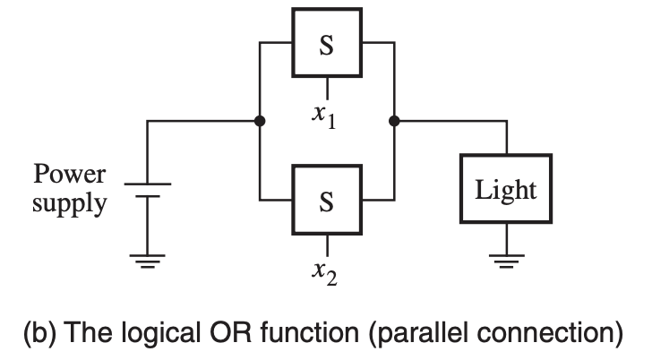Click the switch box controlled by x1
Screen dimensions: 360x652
pos(326,44)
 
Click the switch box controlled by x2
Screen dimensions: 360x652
pos(326,199)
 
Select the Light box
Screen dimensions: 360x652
pos(506,189)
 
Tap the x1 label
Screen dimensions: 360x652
pos(323,116)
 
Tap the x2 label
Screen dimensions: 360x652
pos(323,271)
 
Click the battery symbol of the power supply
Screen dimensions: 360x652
pos(147,189)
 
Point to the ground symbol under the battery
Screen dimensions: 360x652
pos(147,260)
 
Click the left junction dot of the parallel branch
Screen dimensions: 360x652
pos(259,122)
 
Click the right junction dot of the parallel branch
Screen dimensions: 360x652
pos(394,122)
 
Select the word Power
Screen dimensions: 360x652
pos(68,172)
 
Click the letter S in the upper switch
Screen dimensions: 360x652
pos(326,46)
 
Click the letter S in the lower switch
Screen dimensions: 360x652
pos(326,201)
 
